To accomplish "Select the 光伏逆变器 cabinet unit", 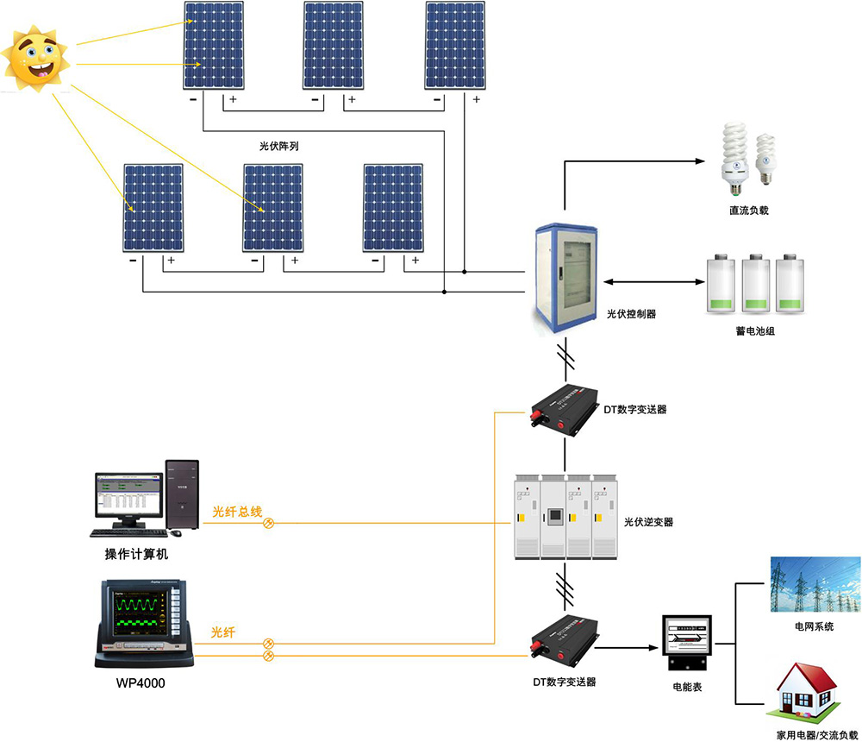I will tap(565, 516).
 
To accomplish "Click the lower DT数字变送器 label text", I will tap(564, 682).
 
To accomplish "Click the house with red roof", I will tap(807, 687).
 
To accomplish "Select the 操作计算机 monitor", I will tap(128, 495).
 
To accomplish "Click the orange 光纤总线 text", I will tap(237, 512).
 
